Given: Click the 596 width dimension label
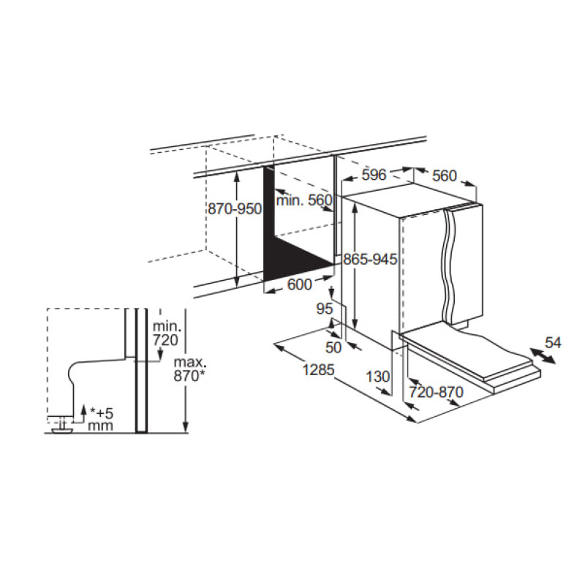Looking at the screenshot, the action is [374, 175].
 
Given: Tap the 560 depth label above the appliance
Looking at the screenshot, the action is [445, 175].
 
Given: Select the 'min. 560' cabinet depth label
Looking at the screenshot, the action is [304, 200].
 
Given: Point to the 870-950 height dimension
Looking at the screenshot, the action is [235, 209].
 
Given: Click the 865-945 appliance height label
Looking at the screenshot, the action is [370, 259].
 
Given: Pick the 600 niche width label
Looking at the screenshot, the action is [300, 284].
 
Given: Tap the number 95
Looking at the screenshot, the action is [324, 309].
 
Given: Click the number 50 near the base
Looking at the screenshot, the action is [333, 347].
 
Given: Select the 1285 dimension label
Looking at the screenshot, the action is [318, 370].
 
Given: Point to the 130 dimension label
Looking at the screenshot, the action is [377, 377].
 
